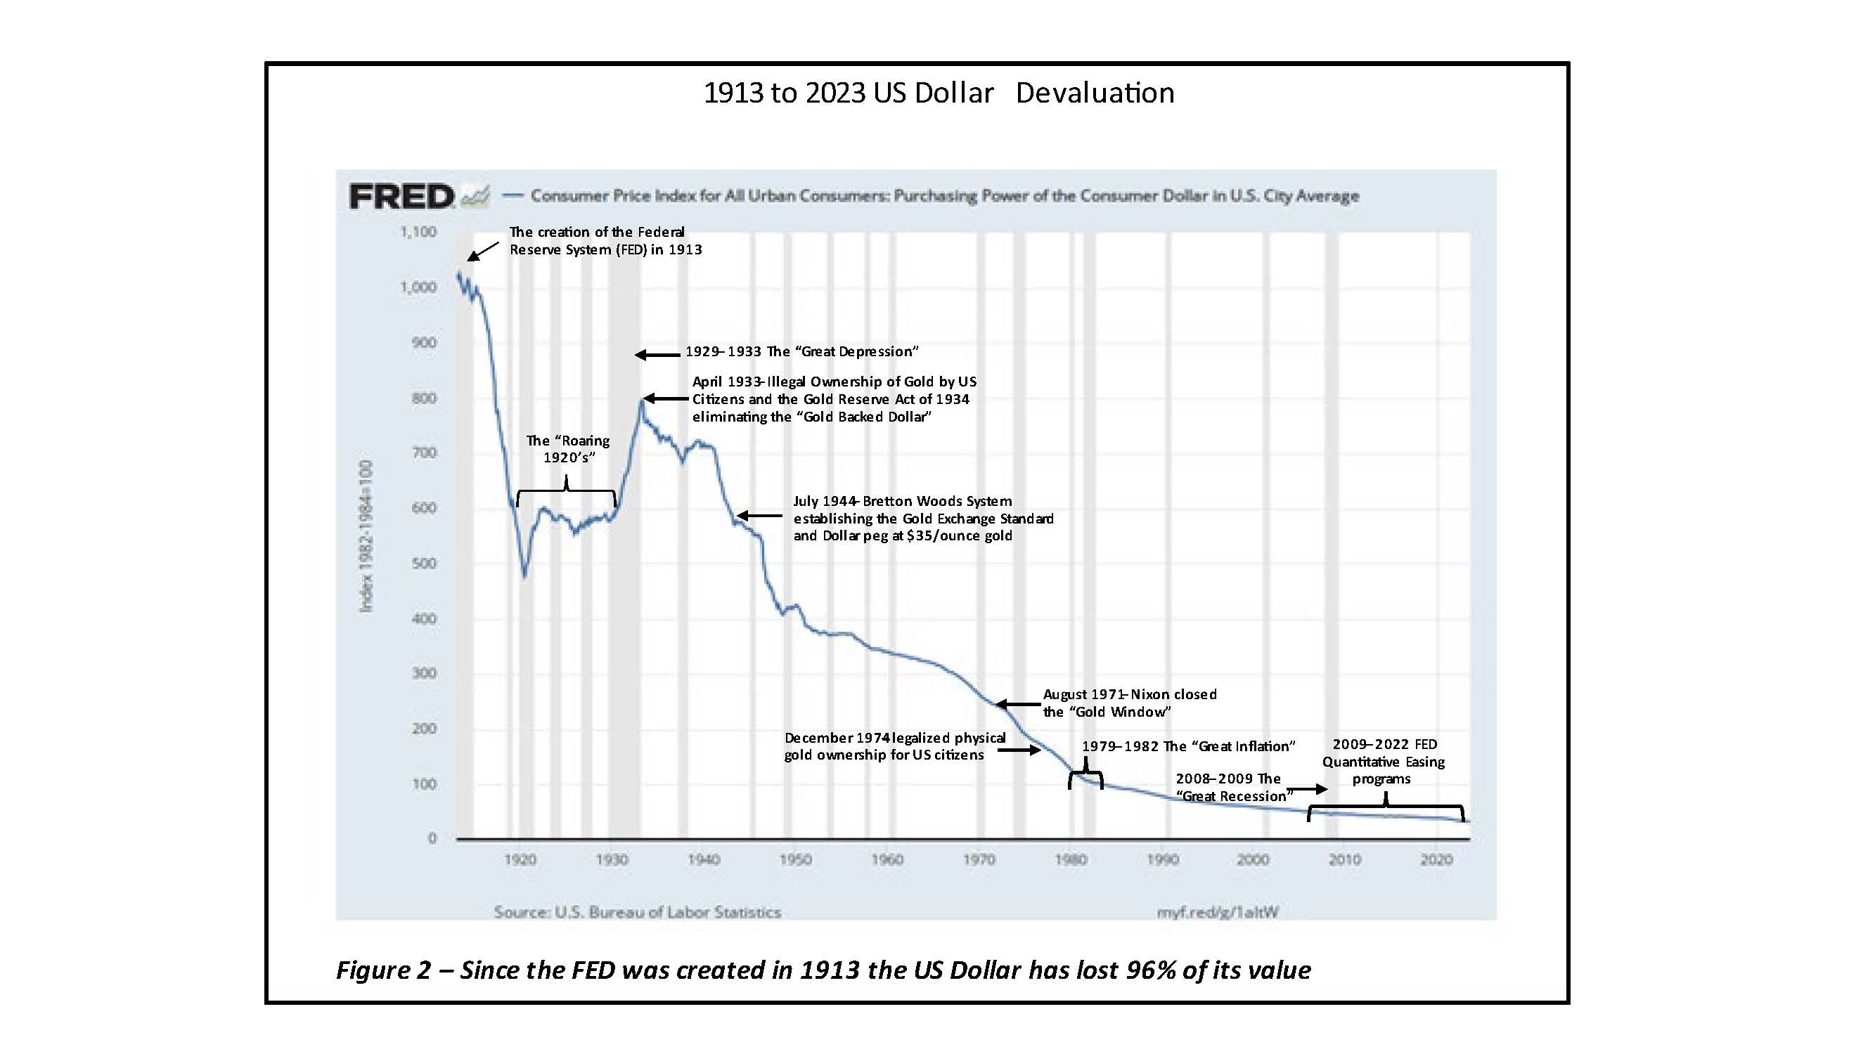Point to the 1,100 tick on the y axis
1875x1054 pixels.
tap(418, 232)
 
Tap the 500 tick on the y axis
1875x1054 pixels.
tap(425, 563)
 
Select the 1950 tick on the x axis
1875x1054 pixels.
tap(795, 860)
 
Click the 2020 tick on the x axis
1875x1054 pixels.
tap(1436, 860)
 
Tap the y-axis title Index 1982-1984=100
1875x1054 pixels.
tap(366, 535)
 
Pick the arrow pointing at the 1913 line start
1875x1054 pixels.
tap(482, 251)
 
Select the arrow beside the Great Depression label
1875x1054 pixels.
tap(657, 355)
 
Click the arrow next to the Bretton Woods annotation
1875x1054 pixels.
tap(759, 516)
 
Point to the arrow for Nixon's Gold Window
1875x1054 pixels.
tap(1017, 704)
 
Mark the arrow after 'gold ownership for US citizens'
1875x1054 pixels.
tap(1019, 750)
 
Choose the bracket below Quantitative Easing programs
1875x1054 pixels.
tap(1386, 807)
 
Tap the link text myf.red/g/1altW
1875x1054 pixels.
tap(1217, 912)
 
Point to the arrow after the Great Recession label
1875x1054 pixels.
tap(1310, 789)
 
